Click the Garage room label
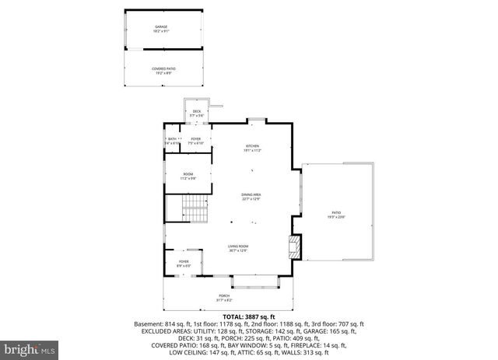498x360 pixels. [x=160, y=28]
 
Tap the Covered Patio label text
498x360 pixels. [x=163, y=70]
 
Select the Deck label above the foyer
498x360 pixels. [x=197, y=114]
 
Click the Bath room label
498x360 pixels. [x=172, y=141]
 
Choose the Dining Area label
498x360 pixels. [x=250, y=197]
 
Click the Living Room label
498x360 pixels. [x=238, y=247]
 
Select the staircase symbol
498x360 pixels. [x=191, y=209]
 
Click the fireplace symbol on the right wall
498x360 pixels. [x=293, y=248]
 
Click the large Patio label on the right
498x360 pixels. [x=337, y=215]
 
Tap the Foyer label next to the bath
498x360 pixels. [x=197, y=141]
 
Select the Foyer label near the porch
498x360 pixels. [x=184, y=263]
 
